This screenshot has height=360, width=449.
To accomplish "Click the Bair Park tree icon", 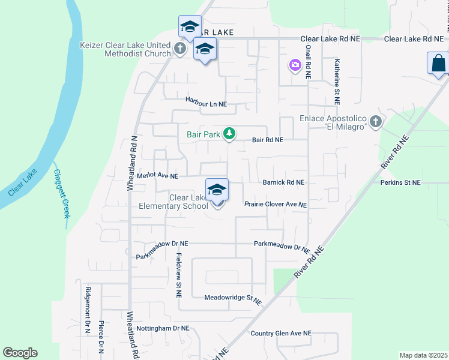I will click(x=229, y=134).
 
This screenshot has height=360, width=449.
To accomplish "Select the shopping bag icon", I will click(x=438, y=62).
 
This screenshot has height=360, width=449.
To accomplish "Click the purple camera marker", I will click(x=295, y=65).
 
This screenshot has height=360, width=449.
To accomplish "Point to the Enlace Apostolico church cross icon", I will click(x=376, y=122).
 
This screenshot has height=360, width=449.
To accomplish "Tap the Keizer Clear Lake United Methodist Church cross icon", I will click(x=179, y=48).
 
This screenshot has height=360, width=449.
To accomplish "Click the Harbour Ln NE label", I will click(x=206, y=104).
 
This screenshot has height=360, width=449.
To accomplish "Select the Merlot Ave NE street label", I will click(x=158, y=176).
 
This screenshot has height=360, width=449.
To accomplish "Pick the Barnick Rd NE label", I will click(x=284, y=182).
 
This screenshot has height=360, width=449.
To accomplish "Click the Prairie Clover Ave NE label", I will click(x=276, y=205).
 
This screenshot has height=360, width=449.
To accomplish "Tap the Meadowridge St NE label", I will click(x=233, y=299).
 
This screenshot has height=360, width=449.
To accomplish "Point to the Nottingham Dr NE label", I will click(x=163, y=328).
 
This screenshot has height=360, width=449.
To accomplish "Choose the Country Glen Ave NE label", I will click(x=281, y=333).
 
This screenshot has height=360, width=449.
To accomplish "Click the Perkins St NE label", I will click(x=400, y=182).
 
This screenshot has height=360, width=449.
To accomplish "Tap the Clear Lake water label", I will click(x=23, y=183).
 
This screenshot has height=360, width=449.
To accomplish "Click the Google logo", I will click(x=20, y=353).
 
